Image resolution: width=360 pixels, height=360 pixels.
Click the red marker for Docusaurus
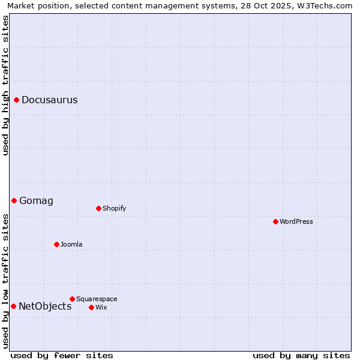[x=17, y=100]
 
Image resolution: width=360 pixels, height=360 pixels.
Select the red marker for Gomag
[x=14, y=200]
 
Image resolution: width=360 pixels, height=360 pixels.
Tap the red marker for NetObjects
[x=13, y=306]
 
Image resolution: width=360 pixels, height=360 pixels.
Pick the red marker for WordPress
[x=275, y=221]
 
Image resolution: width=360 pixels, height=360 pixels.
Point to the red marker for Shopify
[x=98, y=208]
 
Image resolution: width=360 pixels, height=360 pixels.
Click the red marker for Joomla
[x=56, y=244]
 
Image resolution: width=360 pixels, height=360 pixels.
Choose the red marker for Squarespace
[x=72, y=299]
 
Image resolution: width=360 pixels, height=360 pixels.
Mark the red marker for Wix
[x=91, y=307]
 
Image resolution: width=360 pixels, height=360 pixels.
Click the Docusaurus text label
[x=49, y=100]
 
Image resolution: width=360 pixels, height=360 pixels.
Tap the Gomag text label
[x=36, y=201]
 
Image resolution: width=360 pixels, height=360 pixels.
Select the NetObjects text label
[x=45, y=307]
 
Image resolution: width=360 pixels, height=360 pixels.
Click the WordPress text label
[x=296, y=222]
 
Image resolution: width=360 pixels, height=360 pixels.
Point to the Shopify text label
[x=114, y=209]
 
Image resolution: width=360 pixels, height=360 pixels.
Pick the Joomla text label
[x=71, y=245]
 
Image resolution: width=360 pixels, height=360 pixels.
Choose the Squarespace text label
[x=97, y=299]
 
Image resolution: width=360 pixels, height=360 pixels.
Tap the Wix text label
[x=101, y=308]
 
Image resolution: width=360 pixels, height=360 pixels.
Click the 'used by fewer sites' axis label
[x=62, y=355]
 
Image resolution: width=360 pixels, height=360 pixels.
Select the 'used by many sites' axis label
[x=301, y=355]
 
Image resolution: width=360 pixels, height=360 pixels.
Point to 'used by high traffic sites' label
[x=6, y=85]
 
